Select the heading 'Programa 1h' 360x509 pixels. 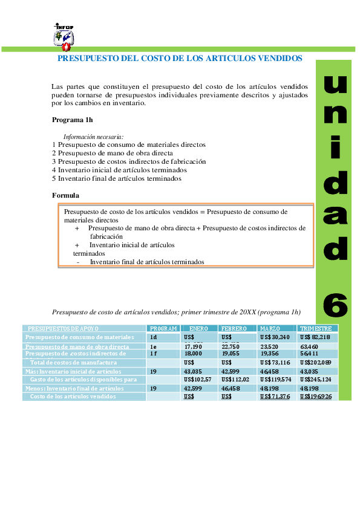(72, 120)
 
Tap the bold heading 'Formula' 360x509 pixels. (65, 195)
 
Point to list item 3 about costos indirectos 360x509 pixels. (129, 161)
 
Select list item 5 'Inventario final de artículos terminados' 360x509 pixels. (116, 178)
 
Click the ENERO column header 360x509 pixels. (198, 328)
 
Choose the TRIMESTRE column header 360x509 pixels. (315, 328)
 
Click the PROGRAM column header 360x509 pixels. (163, 328)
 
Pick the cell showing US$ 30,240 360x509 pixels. (275, 337)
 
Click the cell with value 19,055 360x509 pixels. (231, 354)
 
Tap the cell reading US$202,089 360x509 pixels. (316, 362)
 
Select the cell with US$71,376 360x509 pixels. (275, 396)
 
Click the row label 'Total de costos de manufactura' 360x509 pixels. (73, 362)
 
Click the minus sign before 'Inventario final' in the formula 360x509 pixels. (78, 262)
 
